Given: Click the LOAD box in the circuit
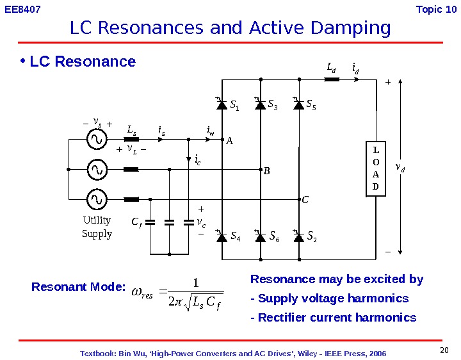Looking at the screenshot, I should point(376,168).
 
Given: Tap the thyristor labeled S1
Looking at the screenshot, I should point(222,104).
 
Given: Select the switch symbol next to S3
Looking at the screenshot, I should point(260,104).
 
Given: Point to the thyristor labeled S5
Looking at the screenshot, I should point(298,104).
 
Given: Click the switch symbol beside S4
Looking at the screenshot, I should point(222,237).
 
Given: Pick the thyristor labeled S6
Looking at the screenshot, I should point(260,237).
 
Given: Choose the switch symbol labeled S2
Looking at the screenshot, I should point(298,237).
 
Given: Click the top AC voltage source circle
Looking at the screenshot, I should point(97,138).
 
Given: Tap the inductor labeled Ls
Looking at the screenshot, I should point(131,138).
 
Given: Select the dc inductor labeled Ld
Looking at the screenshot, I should point(332,79).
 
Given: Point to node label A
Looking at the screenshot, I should point(229,143).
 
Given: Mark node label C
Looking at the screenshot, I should point(305,200).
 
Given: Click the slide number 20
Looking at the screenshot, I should point(445,349).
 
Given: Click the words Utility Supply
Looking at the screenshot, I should point(97,227).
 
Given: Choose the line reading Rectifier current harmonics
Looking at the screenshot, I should point(333,318).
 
